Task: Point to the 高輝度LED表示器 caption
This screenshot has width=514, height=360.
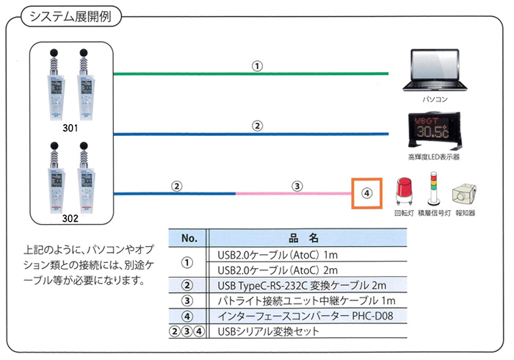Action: tap(437, 156)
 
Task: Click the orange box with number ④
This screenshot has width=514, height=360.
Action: tap(368, 195)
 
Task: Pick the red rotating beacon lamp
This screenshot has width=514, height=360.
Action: tap(405, 193)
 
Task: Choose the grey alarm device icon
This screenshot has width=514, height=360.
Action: tap(464, 195)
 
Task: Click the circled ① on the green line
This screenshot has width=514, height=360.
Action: tap(257, 65)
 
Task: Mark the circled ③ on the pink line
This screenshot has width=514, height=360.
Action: tap(297, 186)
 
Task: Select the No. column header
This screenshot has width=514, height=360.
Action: tap(189, 238)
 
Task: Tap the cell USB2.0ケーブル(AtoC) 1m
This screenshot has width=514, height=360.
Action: tap(277, 255)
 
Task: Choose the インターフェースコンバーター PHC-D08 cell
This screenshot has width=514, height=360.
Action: tap(306, 316)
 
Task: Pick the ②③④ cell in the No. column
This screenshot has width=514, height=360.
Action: tap(187, 331)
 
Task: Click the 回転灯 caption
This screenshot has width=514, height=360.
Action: tap(405, 213)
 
